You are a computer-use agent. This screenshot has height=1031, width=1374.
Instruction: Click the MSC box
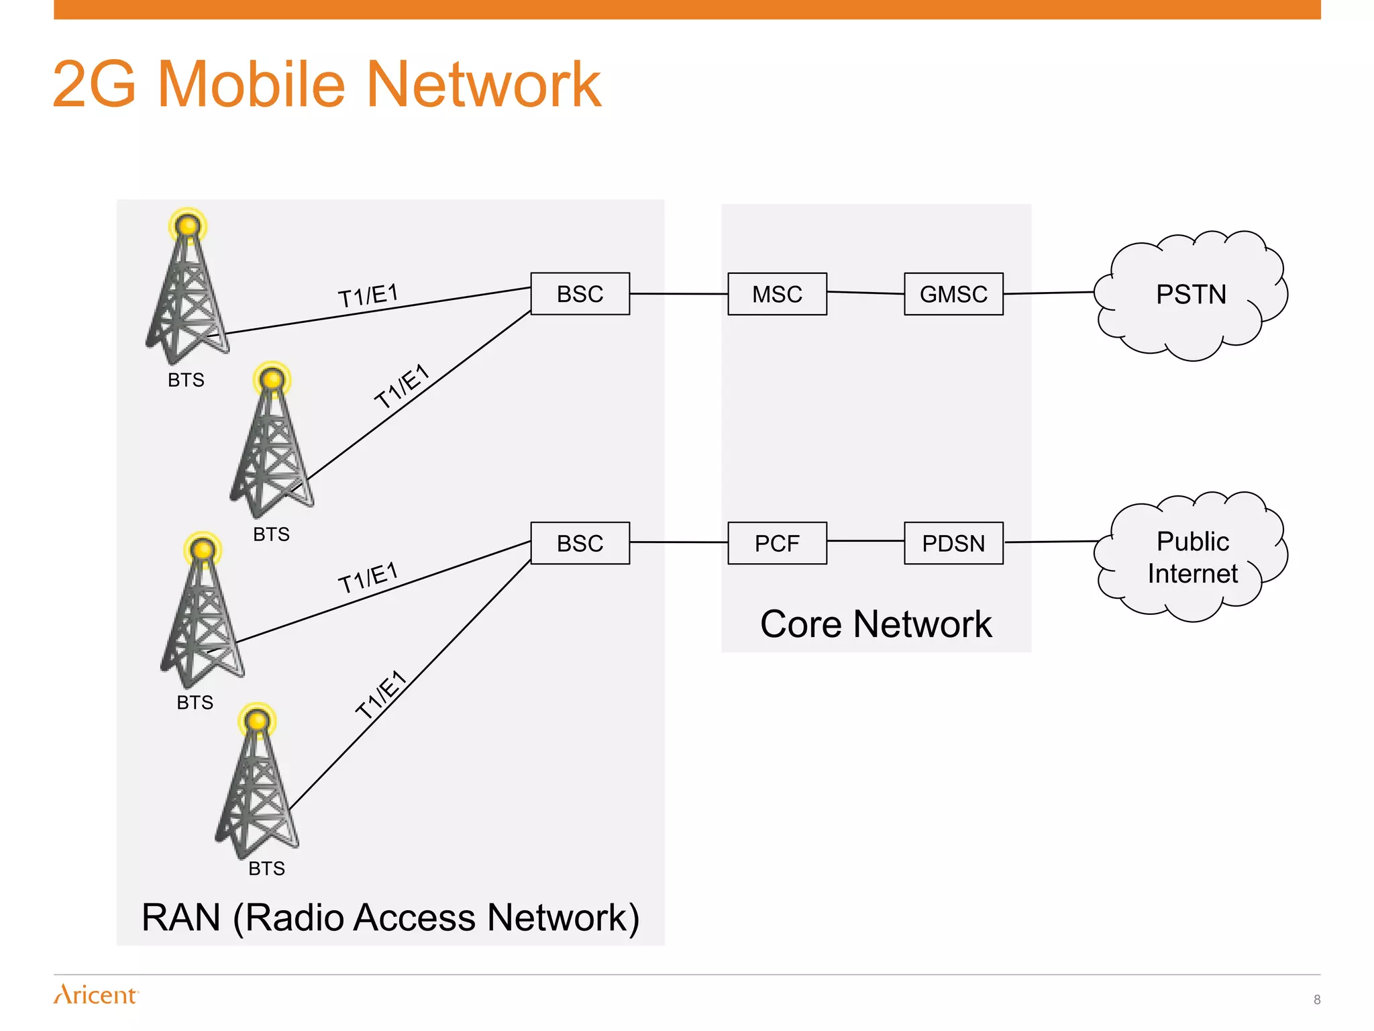[x=777, y=294]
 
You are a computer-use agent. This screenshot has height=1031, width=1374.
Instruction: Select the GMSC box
[x=953, y=294]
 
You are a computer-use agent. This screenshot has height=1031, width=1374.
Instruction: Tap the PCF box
[x=777, y=543]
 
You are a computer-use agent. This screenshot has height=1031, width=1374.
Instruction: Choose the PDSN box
[x=953, y=543]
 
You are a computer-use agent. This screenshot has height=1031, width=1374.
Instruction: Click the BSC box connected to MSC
[x=580, y=294]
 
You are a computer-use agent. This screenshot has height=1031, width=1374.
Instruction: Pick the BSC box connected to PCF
[x=580, y=543]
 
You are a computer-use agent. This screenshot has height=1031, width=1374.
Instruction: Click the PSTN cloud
[x=1191, y=295]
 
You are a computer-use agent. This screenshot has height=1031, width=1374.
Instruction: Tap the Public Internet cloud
[x=1192, y=557]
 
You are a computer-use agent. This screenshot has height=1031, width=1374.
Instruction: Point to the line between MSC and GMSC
[x=865, y=293]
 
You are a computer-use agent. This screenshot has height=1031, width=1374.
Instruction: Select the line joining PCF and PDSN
[x=865, y=540]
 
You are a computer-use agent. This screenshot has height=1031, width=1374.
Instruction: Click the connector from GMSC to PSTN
[x=1049, y=293]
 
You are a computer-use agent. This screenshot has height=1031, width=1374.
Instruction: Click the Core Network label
[x=876, y=624]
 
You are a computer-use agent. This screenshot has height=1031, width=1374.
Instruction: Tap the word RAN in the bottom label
[x=181, y=918]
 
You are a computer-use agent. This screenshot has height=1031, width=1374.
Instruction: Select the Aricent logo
[x=96, y=994]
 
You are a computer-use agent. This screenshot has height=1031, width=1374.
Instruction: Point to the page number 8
[x=1316, y=999]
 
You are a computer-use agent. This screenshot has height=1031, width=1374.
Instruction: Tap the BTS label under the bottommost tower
[x=266, y=869]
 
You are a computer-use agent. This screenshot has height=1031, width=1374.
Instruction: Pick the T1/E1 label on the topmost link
[x=368, y=296]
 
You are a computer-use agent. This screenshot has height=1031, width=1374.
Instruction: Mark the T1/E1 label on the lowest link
[x=381, y=695]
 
